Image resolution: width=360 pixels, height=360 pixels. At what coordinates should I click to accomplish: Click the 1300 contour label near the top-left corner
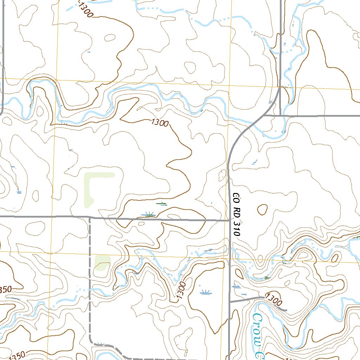tap(85, 9)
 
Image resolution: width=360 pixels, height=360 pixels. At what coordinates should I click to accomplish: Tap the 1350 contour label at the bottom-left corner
tap(15, 355)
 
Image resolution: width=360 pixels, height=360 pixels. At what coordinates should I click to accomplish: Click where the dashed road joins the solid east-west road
tap(90, 218)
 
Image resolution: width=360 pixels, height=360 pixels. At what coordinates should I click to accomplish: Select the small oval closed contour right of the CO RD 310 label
tap(262, 210)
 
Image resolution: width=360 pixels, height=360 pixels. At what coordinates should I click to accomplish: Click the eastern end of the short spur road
tap(286, 310)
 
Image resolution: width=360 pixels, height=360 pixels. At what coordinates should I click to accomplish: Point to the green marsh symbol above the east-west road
tap(161, 204)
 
